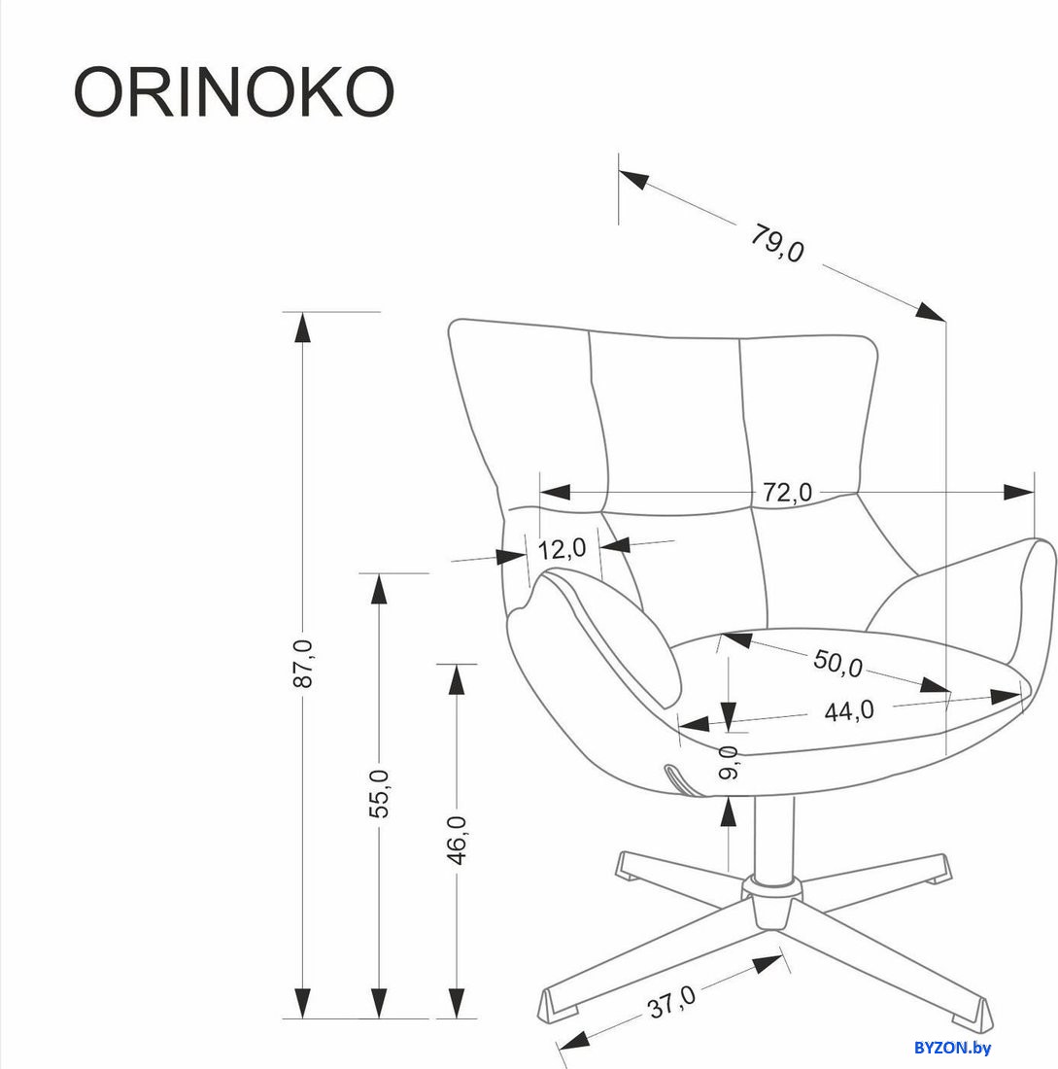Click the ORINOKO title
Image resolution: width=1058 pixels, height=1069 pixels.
(234, 92)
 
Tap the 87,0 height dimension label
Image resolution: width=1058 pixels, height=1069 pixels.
(303, 664)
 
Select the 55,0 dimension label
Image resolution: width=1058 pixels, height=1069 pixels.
(379, 793)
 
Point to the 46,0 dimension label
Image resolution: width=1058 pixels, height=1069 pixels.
(456, 840)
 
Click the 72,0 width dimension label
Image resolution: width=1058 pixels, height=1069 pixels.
(787, 492)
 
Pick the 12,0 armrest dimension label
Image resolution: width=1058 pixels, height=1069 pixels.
(562, 548)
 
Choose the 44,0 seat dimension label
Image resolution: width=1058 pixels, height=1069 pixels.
(849, 711)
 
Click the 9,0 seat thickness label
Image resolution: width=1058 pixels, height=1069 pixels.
(729, 762)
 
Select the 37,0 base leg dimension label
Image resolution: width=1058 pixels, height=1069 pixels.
(671, 1002)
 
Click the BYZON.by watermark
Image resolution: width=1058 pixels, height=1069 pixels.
(952, 1048)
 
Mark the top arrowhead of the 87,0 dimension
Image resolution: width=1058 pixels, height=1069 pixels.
(302, 328)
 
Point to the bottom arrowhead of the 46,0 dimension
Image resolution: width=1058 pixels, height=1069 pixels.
(456, 1003)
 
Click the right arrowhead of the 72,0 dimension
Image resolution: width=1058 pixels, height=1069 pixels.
(1019, 492)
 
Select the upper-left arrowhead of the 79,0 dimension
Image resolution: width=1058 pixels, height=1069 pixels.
(634, 179)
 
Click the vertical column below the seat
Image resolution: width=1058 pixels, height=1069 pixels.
(773, 837)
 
